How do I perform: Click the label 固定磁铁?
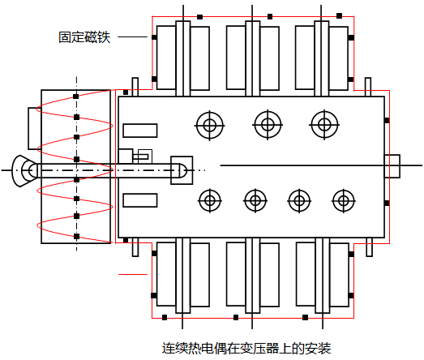click(x=84, y=37)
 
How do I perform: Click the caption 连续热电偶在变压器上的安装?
click(x=246, y=348)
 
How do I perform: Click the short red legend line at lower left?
click(x=133, y=274)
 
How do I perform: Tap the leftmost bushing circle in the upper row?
click(x=209, y=125)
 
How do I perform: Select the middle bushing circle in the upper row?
click(x=268, y=125)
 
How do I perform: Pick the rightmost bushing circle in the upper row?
click(x=324, y=125)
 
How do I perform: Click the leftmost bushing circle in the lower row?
click(x=210, y=201)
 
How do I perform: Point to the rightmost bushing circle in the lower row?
click(x=344, y=201)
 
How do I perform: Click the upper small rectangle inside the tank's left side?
click(x=140, y=131)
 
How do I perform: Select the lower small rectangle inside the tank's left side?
click(x=140, y=200)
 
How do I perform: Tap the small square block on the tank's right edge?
click(x=392, y=166)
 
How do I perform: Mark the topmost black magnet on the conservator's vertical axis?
click(x=76, y=96)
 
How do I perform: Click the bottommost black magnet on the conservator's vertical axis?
click(x=76, y=237)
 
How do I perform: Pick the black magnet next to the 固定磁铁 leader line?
click(x=154, y=37)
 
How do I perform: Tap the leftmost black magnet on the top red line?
click(x=199, y=17)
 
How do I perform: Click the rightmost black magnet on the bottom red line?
click(x=306, y=317)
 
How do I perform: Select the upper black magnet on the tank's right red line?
click(x=387, y=120)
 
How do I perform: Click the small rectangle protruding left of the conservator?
click(x=35, y=128)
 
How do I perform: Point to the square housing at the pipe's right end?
click(x=182, y=170)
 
